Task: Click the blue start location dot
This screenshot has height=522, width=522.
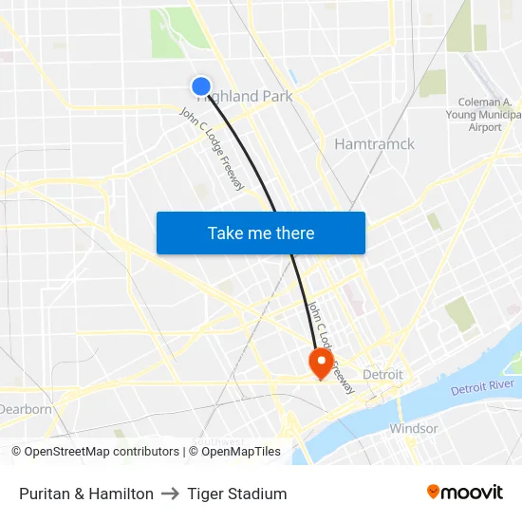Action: pos(201,86)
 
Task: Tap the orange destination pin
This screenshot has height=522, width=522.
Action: pos(320,362)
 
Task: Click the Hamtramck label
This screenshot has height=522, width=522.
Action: pos(374,144)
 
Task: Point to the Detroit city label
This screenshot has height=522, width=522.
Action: pos(382,375)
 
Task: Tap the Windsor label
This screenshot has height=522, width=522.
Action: pos(414,429)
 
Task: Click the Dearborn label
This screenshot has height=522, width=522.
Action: pos(26,409)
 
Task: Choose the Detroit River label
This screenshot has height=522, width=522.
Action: pos(482,387)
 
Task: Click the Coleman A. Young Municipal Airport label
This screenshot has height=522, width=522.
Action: pos(485,115)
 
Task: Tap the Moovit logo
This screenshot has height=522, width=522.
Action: pos(464,493)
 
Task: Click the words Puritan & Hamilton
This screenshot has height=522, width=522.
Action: pos(86,494)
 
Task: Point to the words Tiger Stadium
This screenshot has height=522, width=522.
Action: pos(237,494)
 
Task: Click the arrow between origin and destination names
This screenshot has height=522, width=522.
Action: pos(171,494)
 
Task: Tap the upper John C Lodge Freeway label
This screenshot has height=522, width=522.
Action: pos(212,149)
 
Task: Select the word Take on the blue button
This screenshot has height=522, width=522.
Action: pos(226,233)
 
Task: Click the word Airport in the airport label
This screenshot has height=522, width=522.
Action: pos(485,127)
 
